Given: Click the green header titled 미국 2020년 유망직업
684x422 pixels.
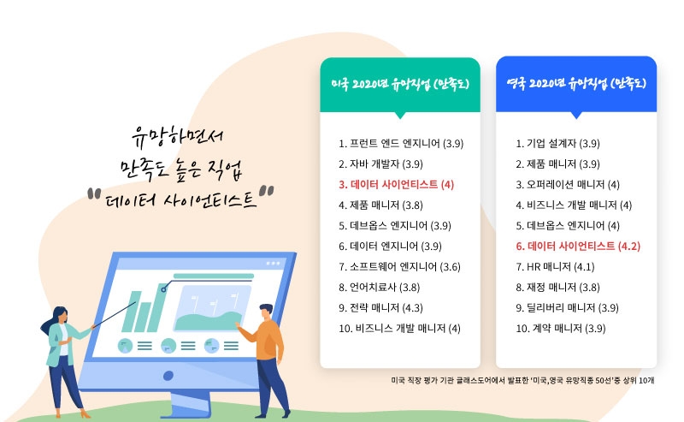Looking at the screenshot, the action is (400, 85).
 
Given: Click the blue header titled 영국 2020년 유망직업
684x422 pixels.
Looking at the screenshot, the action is (576, 84).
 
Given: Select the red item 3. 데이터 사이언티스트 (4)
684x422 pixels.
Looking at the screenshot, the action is (396, 185).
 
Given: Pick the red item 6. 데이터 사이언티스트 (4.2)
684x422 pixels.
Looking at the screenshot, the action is (578, 247).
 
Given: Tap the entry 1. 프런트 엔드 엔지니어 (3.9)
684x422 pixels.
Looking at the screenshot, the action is (401, 144).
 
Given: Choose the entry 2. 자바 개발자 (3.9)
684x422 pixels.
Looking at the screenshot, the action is (380, 164).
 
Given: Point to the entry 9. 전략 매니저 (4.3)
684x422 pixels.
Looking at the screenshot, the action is (380, 308).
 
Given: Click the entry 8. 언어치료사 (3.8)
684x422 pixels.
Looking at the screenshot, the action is (379, 288).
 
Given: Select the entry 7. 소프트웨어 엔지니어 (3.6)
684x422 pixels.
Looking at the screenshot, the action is (399, 267).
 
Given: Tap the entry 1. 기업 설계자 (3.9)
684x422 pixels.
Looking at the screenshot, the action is (557, 144).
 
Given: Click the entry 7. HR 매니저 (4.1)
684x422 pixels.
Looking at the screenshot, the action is (555, 267).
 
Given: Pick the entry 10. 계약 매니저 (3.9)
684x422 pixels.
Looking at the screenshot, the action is (561, 329).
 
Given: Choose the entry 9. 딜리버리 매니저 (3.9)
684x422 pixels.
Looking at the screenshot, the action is (567, 308).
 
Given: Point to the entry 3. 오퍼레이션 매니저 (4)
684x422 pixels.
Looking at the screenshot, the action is (568, 185).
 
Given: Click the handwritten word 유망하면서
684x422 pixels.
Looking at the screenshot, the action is (177, 137).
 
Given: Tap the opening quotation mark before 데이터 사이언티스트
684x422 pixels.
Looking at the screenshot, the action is (94, 193).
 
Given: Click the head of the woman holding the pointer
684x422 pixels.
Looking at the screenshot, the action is (60, 314).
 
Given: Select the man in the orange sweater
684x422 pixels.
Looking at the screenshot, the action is (264, 360).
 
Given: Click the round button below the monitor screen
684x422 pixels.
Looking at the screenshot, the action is (168, 376).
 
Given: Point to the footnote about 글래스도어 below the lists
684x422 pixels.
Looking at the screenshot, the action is (522, 381).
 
